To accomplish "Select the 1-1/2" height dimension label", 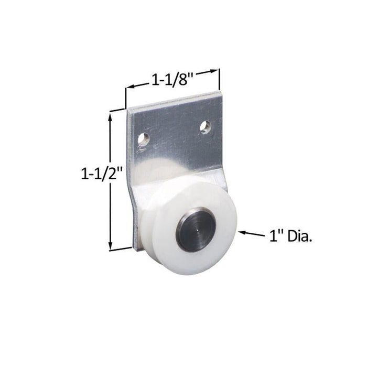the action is (x=102, y=173).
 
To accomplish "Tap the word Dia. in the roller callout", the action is (x=299, y=236).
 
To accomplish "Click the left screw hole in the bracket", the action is (x=143, y=139).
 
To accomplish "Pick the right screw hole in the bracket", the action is (x=206, y=126).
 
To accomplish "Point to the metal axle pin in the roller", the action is (x=196, y=230).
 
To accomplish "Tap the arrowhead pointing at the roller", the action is (x=242, y=232).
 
